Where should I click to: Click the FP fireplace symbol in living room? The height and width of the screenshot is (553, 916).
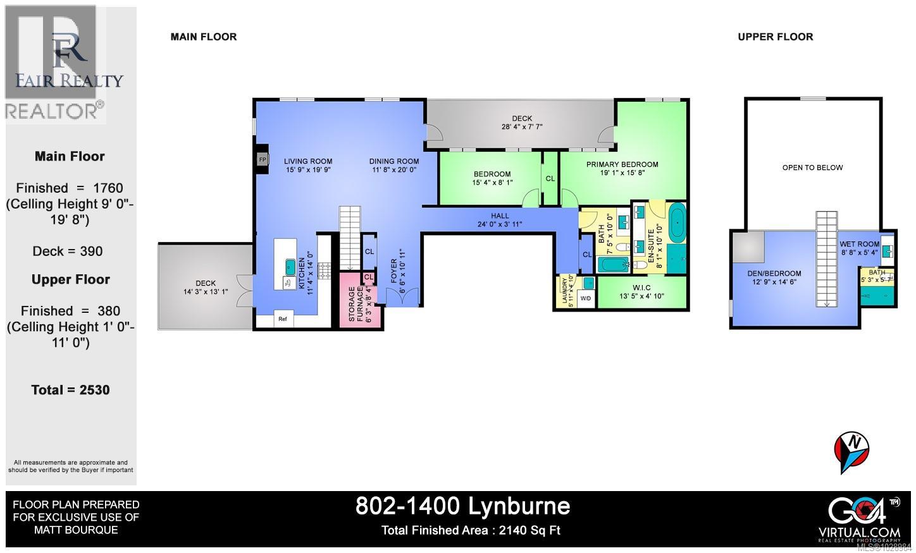click(x=262, y=160)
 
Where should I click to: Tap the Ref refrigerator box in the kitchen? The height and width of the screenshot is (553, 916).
click(x=283, y=319)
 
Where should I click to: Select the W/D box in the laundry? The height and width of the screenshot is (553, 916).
click(x=586, y=298)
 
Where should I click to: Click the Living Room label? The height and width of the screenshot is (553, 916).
click(x=307, y=161)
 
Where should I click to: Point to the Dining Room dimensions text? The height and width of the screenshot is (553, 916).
click(x=394, y=169)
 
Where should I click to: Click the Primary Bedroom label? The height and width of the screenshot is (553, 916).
click(x=622, y=164)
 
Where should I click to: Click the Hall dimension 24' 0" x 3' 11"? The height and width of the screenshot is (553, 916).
click(x=499, y=224)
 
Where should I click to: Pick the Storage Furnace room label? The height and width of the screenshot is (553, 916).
click(x=356, y=304)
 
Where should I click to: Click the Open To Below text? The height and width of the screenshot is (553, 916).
click(x=812, y=167)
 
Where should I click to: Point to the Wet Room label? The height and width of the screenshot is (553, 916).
click(x=859, y=244)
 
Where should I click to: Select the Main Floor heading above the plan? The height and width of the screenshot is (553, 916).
click(x=204, y=37)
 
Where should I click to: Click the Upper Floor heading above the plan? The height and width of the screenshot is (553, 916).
click(x=775, y=37)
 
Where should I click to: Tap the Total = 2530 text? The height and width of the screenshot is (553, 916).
click(x=70, y=390)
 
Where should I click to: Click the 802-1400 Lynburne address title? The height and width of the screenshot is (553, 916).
click(x=462, y=506)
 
